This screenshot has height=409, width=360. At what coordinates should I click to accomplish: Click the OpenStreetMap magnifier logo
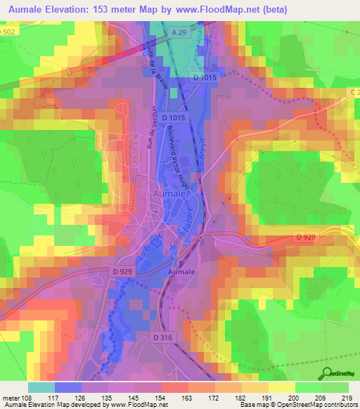coord(328,372)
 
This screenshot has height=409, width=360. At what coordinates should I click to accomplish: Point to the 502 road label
coord(8,32)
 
